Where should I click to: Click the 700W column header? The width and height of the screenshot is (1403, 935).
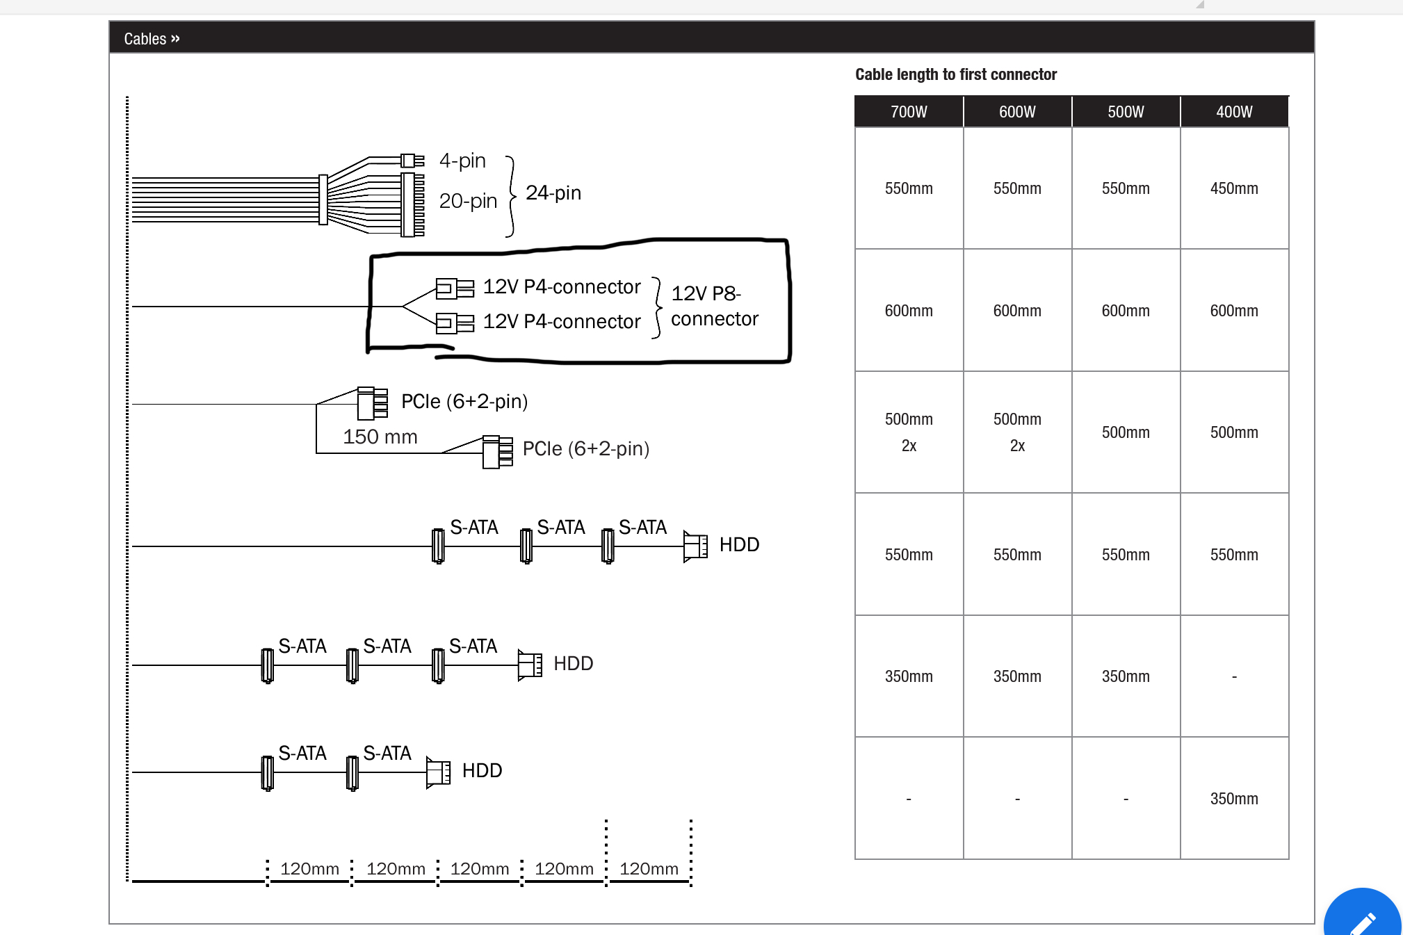908,112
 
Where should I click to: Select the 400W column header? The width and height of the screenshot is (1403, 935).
1233,112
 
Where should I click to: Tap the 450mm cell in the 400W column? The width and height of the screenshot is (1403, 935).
1233,188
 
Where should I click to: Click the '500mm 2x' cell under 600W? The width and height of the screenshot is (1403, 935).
1016,432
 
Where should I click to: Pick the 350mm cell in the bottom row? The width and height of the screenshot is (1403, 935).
1233,799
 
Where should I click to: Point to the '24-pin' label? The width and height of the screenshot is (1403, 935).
553,193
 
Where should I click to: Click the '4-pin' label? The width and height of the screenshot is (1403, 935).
462,161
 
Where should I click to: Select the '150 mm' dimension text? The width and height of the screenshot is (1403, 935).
380,437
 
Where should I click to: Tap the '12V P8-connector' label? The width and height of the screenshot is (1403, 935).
714,306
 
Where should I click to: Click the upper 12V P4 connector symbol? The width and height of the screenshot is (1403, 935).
455,288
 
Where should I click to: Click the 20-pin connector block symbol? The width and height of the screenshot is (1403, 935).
412,204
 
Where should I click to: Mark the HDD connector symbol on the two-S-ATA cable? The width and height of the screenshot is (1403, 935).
438,772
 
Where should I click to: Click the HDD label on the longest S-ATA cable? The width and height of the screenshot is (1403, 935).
738,544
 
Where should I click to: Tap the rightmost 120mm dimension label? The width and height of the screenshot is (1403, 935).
648,868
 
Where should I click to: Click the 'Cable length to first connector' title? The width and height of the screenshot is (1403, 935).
955,74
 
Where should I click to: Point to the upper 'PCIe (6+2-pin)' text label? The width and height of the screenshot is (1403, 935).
464,401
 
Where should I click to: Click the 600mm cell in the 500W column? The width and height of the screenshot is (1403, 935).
1125,311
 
